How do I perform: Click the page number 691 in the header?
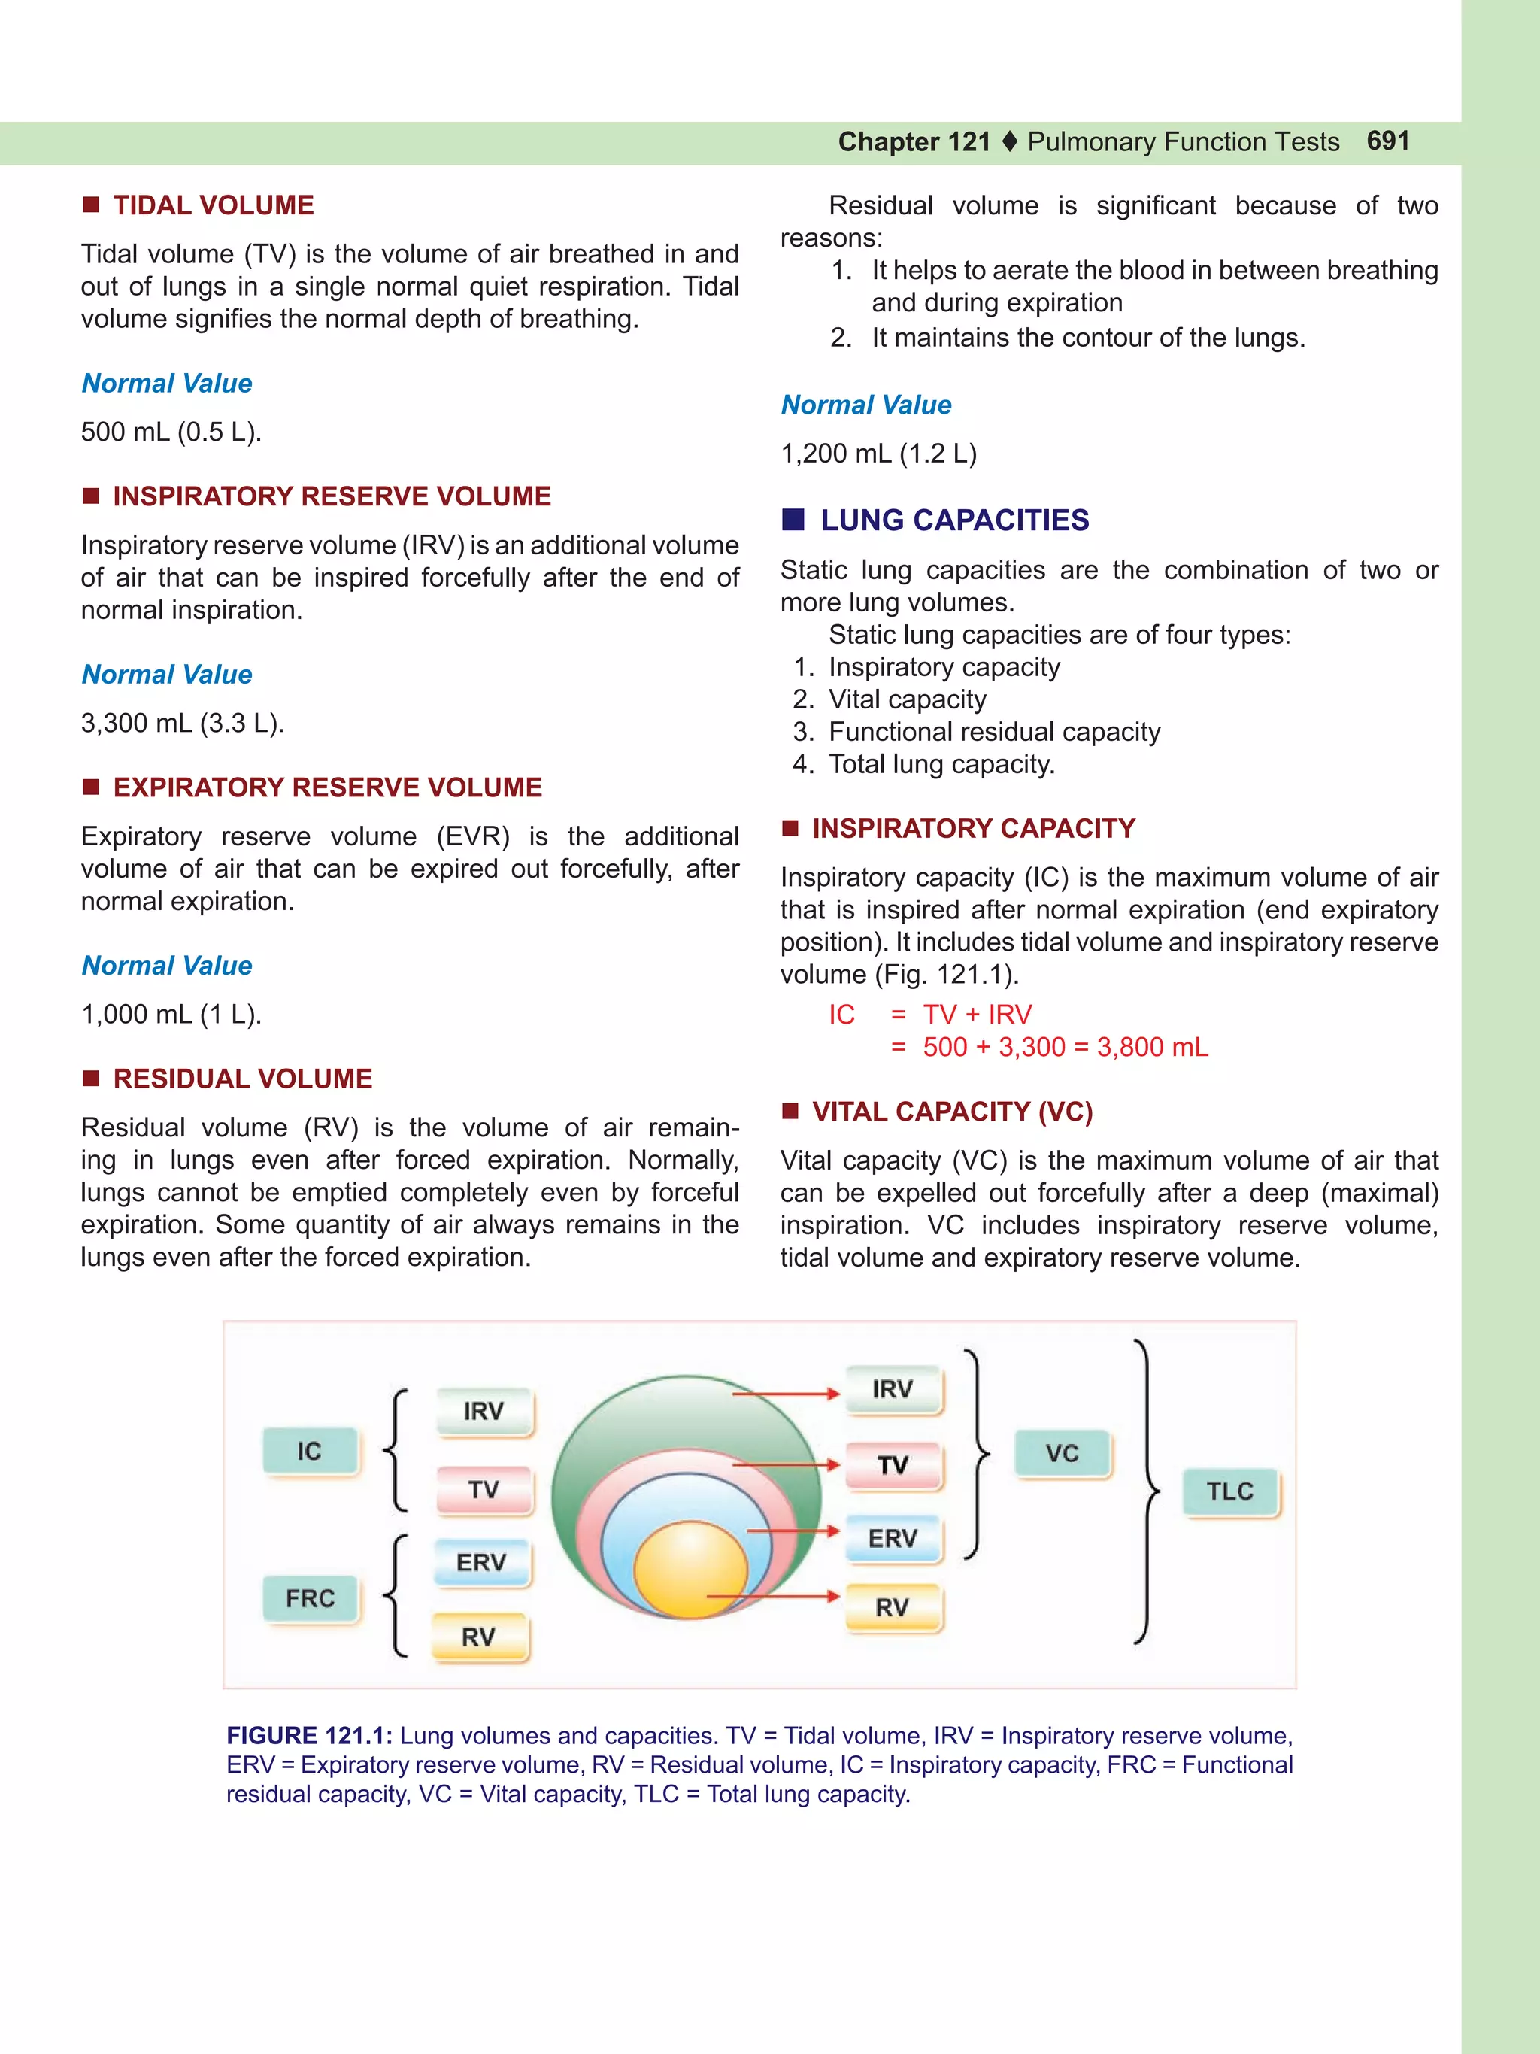(1388, 141)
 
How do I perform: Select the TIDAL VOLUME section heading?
(213, 205)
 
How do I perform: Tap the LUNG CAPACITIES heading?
(954, 520)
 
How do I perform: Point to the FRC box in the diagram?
(310, 1599)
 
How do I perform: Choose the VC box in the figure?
(1062, 1453)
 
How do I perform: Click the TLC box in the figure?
(1230, 1491)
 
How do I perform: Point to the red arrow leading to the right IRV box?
(784, 1394)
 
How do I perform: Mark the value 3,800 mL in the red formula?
(1152, 1048)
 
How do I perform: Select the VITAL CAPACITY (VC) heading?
(953, 1112)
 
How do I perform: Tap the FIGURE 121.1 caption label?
(309, 1736)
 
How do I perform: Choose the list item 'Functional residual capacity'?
(994, 732)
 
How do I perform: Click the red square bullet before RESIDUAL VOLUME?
(91, 1078)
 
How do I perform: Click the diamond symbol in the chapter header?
(1010, 142)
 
